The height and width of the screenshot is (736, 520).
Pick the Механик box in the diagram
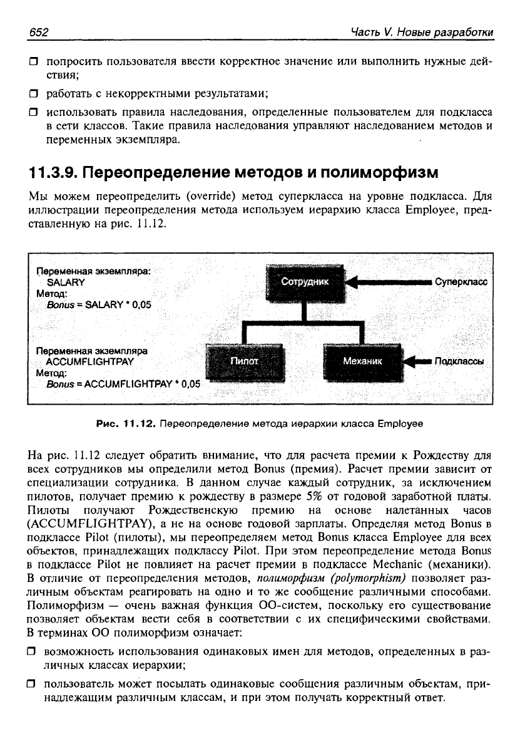(362, 362)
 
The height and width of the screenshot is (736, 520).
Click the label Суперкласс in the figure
(460, 282)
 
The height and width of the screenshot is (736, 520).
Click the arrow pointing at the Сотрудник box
(388, 282)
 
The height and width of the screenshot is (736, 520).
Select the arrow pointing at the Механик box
(416, 361)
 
